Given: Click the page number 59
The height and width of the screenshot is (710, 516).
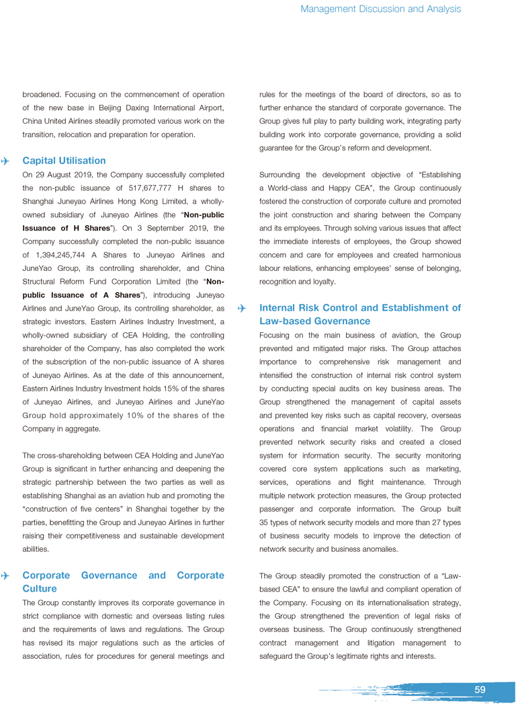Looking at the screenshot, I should point(480,690).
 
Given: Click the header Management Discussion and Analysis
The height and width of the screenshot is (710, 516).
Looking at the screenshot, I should point(380,9).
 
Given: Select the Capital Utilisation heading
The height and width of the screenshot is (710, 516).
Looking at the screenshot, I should point(64,161).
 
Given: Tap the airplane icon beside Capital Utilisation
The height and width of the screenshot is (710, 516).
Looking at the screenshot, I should point(5,161).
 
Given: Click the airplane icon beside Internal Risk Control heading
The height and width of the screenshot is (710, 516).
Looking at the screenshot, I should point(242,309).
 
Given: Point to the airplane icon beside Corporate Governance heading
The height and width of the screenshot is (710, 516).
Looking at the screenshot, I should point(5,576).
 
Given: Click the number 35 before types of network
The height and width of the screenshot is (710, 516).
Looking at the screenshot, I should point(265,522).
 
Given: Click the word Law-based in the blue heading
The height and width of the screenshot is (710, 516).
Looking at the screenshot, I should point(287,321).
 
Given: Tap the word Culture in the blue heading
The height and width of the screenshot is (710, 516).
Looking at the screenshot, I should point(40,588).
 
